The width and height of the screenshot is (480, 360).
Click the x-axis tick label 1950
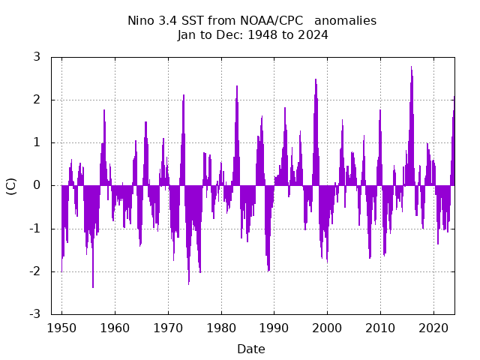click(61, 328)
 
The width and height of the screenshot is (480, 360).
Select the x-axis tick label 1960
click(115, 328)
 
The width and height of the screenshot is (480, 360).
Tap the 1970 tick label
click(168, 328)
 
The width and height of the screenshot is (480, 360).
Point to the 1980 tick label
click(220, 328)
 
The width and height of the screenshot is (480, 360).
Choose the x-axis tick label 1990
click(274, 328)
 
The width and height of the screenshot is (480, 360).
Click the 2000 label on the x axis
click(327, 328)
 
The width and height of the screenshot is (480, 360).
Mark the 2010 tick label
click(380, 328)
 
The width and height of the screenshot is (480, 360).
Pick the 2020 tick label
click(433, 328)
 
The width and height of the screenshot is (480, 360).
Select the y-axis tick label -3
click(34, 314)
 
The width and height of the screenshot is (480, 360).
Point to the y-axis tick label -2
click(34, 271)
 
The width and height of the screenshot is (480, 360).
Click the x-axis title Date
click(251, 349)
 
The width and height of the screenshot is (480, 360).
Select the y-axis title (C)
click(11, 186)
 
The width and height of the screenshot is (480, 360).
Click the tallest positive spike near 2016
click(411, 67)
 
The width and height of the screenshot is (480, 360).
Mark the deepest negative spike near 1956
click(93, 286)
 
